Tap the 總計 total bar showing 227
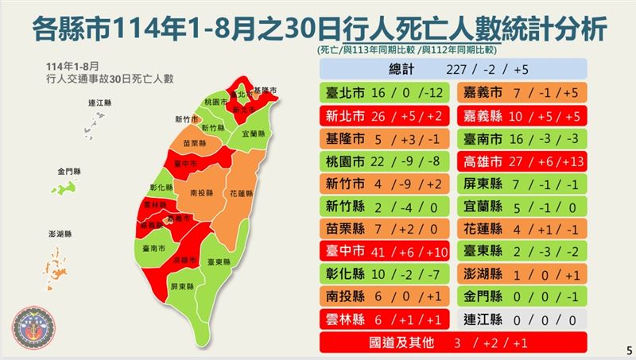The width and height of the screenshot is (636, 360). click(453, 68)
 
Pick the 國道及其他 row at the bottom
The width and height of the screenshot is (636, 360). click(453, 343)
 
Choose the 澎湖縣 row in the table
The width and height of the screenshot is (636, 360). click(523, 274)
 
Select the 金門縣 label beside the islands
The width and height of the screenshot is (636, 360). click(68, 171)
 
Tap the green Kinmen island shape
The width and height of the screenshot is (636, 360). click(62, 189)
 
